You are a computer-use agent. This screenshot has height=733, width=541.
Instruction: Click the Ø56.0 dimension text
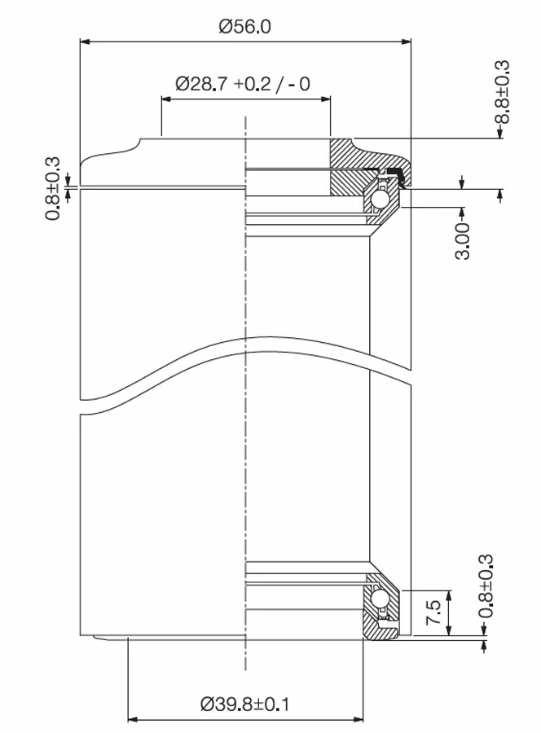[244, 26]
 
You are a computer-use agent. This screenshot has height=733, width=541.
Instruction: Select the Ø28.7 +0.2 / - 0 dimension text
[244, 84]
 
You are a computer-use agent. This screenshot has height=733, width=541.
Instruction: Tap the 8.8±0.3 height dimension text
[502, 92]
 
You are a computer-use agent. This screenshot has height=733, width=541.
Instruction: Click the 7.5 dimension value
[433, 612]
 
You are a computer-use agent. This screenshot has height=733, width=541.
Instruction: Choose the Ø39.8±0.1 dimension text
[245, 703]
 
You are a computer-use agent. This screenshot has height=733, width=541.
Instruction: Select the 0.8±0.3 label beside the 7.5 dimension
[486, 588]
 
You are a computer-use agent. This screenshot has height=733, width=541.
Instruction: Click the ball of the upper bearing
[380, 200]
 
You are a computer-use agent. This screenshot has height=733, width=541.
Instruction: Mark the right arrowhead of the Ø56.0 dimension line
[407, 41]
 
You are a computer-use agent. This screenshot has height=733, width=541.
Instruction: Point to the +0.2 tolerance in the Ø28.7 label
[252, 84]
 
